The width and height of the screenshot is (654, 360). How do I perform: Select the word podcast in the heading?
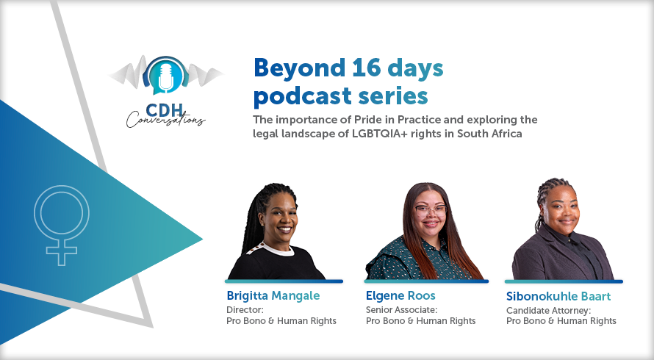click(303, 96)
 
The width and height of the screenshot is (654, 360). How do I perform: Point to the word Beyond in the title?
click(300, 68)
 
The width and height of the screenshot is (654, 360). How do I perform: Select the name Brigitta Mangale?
click(273, 296)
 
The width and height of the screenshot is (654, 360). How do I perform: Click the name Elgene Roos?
click(400, 296)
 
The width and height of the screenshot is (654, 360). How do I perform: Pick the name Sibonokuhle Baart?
click(558, 296)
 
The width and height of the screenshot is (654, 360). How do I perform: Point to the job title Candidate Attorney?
click(548, 311)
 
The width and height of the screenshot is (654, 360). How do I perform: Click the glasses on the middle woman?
click(431, 210)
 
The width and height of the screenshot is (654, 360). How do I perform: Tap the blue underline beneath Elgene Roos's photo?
click(426, 281)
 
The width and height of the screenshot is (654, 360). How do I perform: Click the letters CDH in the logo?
click(165, 110)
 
